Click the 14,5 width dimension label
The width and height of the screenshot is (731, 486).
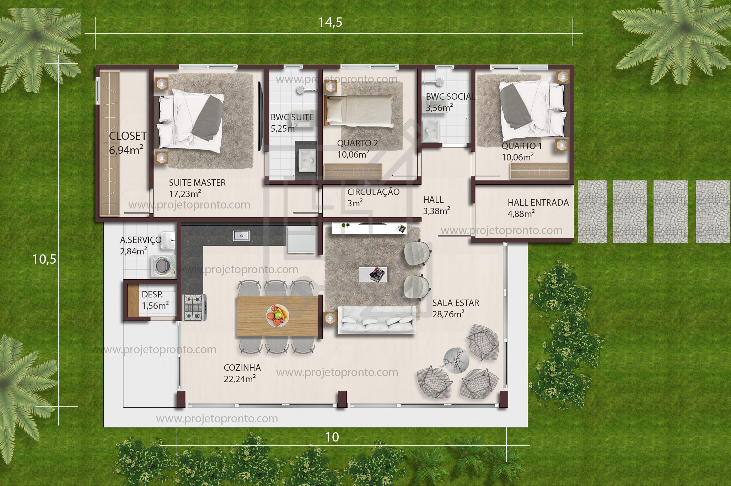pyautogui.click(x=330, y=22)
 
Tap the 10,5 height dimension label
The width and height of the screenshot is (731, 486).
pyautogui.click(x=44, y=259)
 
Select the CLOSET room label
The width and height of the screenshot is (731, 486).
pyautogui.click(x=128, y=136)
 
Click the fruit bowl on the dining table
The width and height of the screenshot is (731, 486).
pyautogui.click(x=278, y=316)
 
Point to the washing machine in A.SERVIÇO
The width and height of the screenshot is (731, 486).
pyautogui.click(x=163, y=266)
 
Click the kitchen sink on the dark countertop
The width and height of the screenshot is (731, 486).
pyautogui.click(x=241, y=236)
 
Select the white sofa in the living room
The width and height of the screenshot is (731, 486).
pyautogui.click(x=377, y=320)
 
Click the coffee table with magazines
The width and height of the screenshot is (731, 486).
pyautogui.click(x=373, y=274)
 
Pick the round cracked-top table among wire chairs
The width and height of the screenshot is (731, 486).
pyautogui.click(x=457, y=360)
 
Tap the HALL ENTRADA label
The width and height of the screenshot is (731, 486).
pyautogui.click(x=538, y=202)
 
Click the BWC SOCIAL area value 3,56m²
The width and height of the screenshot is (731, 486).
pyautogui.click(x=439, y=107)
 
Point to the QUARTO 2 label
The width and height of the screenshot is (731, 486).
pyautogui.click(x=357, y=143)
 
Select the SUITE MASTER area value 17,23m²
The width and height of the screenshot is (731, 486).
pyautogui.click(x=185, y=194)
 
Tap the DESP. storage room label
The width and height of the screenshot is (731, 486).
pyautogui.click(x=152, y=294)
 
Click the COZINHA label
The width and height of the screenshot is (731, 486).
pyautogui.click(x=242, y=368)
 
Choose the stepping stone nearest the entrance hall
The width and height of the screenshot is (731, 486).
pyautogui.click(x=592, y=212)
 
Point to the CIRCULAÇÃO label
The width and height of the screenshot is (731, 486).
pyautogui.click(x=373, y=192)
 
